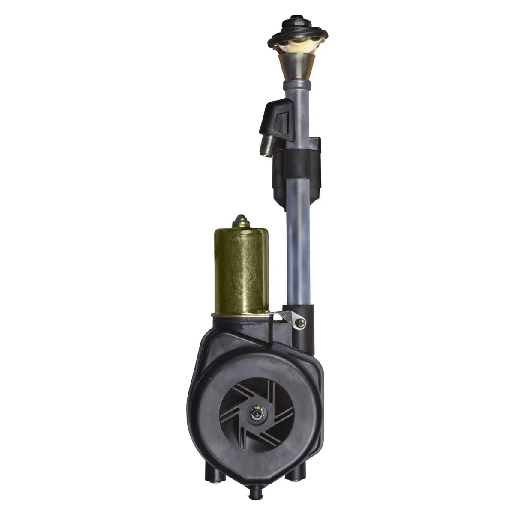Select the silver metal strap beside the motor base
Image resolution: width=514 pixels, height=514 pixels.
(284, 317)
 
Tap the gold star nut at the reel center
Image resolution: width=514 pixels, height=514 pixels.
(255, 413)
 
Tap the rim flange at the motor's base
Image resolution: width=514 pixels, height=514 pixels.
(241, 315)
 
